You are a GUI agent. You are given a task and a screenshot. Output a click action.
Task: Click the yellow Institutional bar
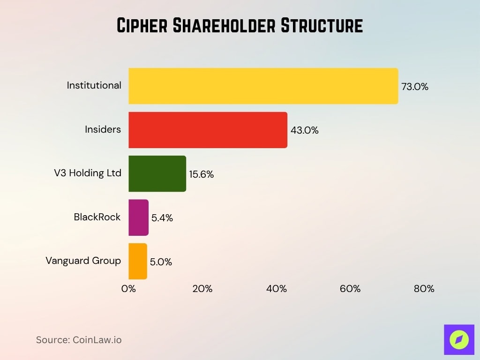263,86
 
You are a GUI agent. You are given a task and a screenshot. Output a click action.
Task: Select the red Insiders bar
208,130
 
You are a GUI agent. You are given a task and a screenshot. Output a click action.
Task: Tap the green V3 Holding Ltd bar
157,173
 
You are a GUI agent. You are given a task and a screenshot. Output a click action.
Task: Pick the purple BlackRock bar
138,217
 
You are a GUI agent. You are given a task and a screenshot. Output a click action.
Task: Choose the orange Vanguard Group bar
138,261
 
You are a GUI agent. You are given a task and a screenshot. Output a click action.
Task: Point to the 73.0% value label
415,87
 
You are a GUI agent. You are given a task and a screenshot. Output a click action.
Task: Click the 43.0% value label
304,131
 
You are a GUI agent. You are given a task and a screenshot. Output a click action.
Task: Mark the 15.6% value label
201,174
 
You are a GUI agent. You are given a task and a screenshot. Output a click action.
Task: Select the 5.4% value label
162,218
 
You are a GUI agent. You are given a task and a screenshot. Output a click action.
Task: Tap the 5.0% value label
161,262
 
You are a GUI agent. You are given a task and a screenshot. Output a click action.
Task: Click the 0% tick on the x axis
128,289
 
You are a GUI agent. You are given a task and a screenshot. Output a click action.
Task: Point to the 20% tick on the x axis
202,289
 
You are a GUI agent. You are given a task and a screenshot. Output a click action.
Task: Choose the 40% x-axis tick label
276,289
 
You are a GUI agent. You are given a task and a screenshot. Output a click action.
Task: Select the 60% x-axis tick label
350,289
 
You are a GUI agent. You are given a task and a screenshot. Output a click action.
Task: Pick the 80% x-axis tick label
424,289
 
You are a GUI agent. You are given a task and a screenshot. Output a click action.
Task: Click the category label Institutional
94,85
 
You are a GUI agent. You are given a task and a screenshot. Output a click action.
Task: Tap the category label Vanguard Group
83,261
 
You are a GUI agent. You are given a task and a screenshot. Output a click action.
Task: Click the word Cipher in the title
142,26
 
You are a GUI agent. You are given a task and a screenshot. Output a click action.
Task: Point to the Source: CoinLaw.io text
79,340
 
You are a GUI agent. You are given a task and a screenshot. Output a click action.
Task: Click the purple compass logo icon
459,339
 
